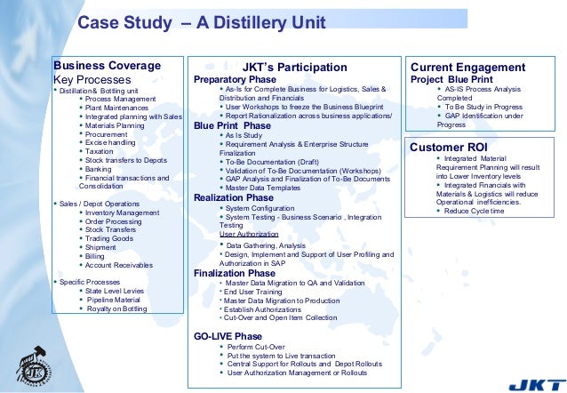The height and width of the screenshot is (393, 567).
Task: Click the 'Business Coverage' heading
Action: tap(108, 66)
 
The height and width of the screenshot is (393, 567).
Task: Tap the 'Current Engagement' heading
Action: tap(467, 68)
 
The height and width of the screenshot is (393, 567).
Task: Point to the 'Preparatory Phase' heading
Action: tap(235, 79)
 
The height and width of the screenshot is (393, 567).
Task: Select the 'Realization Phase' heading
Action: tap(234, 197)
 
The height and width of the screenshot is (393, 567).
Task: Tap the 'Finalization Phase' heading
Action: tap(235, 274)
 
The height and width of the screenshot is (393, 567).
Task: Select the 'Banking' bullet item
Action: tap(99, 168)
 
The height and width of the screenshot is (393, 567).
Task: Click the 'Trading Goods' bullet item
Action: tap(109, 238)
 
